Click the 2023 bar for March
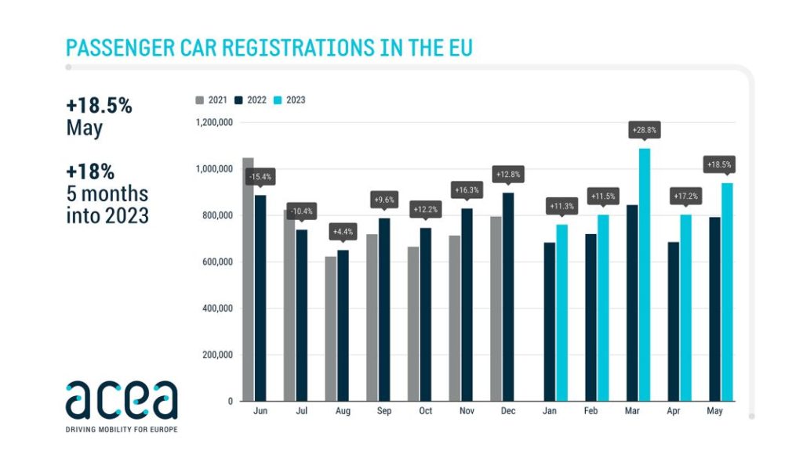[x=644, y=274]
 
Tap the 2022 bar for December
[x=508, y=297]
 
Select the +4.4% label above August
[x=343, y=232]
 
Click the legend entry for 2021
[x=211, y=100]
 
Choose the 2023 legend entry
[x=289, y=100]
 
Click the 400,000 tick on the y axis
[x=216, y=308]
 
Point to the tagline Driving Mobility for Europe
[x=122, y=429]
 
